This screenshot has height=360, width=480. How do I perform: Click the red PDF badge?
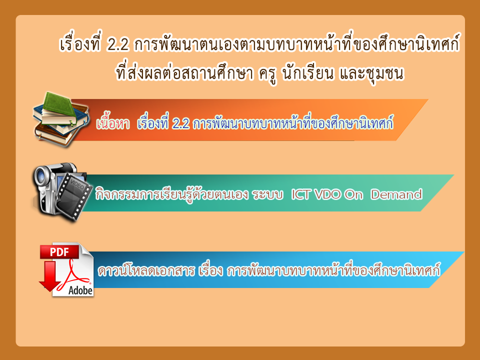[x=59, y=252]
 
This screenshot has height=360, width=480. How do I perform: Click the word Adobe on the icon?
[x=80, y=290]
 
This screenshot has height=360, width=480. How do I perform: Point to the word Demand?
[x=396, y=194]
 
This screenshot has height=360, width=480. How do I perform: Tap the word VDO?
[x=327, y=194]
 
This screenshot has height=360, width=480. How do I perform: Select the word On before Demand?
[x=353, y=194]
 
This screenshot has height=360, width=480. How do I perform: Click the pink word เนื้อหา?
[x=113, y=123]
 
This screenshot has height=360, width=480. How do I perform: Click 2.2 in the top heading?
[x=118, y=45]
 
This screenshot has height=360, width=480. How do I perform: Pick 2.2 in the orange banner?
[x=180, y=123]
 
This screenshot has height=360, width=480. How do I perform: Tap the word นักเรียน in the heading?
[x=307, y=73]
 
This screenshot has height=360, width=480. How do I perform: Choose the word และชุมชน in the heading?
[x=371, y=74]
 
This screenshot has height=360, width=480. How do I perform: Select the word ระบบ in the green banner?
[x=267, y=194]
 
